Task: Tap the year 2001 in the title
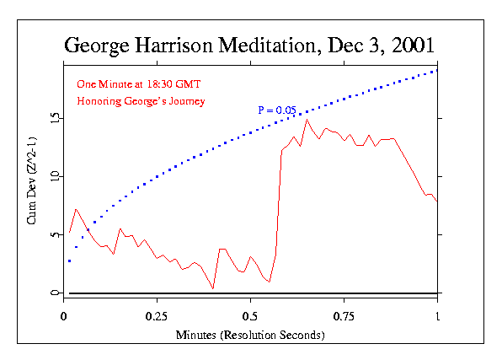point(409,45)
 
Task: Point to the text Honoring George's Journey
point(141,101)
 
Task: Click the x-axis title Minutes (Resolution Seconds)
point(250,335)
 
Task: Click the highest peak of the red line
point(307,120)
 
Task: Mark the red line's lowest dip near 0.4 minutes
point(213,288)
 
